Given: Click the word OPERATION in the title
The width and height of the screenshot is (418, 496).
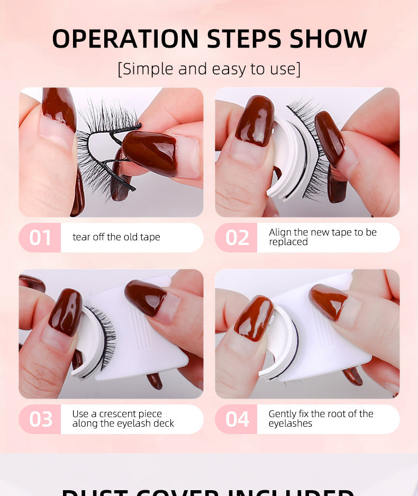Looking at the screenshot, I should pyautogui.click(x=124, y=39).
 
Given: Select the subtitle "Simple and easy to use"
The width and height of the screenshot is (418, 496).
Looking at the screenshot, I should pyautogui.click(x=209, y=69).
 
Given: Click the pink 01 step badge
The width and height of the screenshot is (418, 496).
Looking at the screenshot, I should pyautogui.click(x=40, y=238).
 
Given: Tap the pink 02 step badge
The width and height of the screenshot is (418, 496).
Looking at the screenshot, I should pyautogui.click(x=237, y=238).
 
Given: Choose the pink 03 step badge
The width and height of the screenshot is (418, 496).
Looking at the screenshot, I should pyautogui.click(x=40, y=419).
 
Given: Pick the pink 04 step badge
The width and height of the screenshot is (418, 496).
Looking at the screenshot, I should pyautogui.click(x=237, y=419).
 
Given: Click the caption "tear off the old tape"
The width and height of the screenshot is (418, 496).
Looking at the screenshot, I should pyautogui.click(x=116, y=237).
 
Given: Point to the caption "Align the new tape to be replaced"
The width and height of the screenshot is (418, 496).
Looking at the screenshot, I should pyautogui.click(x=322, y=237).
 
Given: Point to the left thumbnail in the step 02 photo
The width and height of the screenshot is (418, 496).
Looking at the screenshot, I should pyautogui.click(x=255, y=121).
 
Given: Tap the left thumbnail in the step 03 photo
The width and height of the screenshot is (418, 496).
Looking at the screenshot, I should pyautogui.click(x=66, y=312).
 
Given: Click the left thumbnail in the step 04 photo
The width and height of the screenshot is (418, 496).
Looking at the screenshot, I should pyautogui.click(x=253, y=318).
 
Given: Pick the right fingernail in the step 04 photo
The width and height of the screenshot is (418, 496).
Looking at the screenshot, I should pyautogui.click(x=328, y=301).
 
